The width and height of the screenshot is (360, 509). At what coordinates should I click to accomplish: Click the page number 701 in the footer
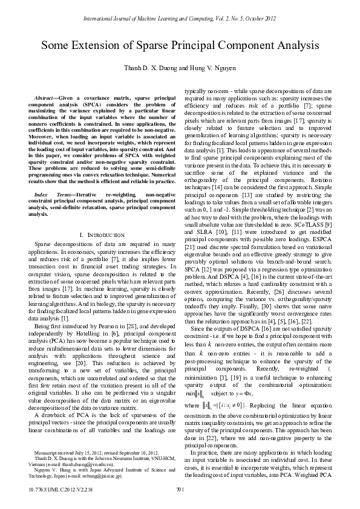point(180,489)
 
